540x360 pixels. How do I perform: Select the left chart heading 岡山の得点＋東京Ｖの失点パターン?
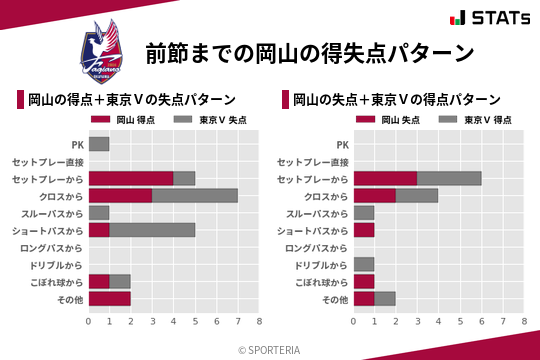tap(132, 100)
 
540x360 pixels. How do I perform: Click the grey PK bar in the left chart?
tap(99, 144)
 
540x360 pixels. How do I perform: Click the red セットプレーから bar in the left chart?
tap(131, 178)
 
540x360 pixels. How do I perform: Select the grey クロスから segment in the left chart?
tap(195, 195)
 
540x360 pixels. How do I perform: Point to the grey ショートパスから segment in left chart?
tap(152, 230)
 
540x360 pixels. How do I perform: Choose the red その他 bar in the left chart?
tap(110, 299)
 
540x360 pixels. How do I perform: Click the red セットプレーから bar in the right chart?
tap(385, 178)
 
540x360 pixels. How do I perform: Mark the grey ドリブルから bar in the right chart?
tap(364, 264)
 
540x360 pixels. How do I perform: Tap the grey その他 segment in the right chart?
tap(385, 299)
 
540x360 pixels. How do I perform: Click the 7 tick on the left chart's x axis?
tap(238, 321)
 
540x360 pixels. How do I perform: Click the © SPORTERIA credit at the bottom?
tap(269, 349)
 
